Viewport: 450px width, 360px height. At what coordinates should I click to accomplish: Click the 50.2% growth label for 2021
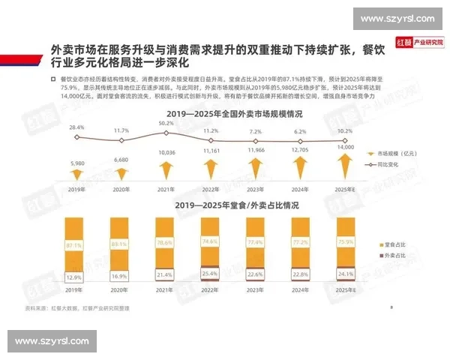coord(166,123)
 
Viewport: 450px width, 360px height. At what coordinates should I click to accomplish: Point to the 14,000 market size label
coord(346,148)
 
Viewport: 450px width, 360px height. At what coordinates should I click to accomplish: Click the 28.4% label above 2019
coord(76,128)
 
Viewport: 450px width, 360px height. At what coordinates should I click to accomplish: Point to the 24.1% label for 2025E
coord(346,274)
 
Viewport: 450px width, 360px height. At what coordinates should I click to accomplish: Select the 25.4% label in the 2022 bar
coord(211,274)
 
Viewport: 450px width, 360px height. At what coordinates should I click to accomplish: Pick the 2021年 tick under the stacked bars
coord(166,289)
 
